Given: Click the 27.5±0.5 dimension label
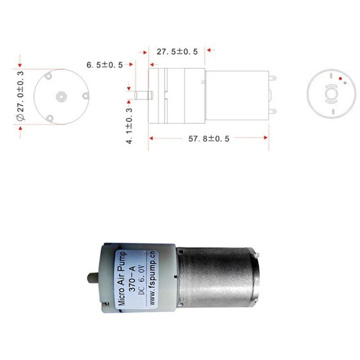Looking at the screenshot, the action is (x=177, y=52).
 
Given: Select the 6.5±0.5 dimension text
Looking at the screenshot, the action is (x=104, y=65).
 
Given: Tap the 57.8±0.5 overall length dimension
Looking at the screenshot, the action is (x=209, y=139).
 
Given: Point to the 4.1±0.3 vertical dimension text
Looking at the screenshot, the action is (x=130, y=126).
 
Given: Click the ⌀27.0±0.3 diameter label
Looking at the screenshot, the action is (x=20, y=96).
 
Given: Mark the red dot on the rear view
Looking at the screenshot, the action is (x=340, y=78).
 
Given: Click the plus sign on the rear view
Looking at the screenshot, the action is (x=345, y=83).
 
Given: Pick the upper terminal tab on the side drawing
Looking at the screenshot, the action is (x=272, y=78).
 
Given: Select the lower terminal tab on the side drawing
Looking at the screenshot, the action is (x=272, y=112).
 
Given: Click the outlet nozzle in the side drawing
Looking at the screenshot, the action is (x=143, y=95).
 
